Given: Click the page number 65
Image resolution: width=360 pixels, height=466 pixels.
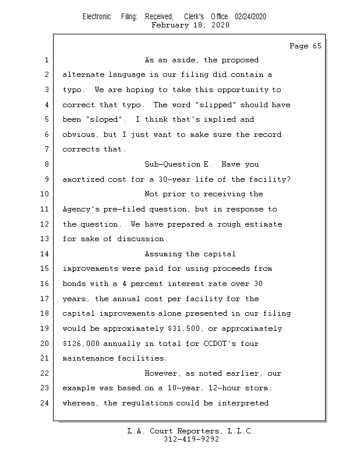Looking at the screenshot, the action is pos(317,46).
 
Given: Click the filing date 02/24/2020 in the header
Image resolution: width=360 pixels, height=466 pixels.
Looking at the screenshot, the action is pos(250,17).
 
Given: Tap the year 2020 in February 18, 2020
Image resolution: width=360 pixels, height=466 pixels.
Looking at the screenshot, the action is pos(220,25).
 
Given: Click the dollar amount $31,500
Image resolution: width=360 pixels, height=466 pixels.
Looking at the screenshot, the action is pos(184,329).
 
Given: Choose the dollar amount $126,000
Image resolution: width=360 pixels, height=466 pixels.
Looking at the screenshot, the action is pos(81,344).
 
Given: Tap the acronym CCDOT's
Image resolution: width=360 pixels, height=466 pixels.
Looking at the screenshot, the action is pos(220,344).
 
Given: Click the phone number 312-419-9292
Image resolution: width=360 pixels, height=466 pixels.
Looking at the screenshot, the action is pos(191,439).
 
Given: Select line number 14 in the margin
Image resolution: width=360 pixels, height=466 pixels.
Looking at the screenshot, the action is pos(44,254).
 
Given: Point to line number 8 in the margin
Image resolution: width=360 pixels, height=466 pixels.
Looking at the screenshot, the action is pos(47,164).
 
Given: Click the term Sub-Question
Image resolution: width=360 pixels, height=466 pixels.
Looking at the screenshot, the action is pos(172,164).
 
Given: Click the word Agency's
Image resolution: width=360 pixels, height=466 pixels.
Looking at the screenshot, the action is pos(81,209).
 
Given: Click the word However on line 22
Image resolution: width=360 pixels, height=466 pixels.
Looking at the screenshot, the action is pos(162,373).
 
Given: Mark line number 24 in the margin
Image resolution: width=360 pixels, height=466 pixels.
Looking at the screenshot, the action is pos(44,403).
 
